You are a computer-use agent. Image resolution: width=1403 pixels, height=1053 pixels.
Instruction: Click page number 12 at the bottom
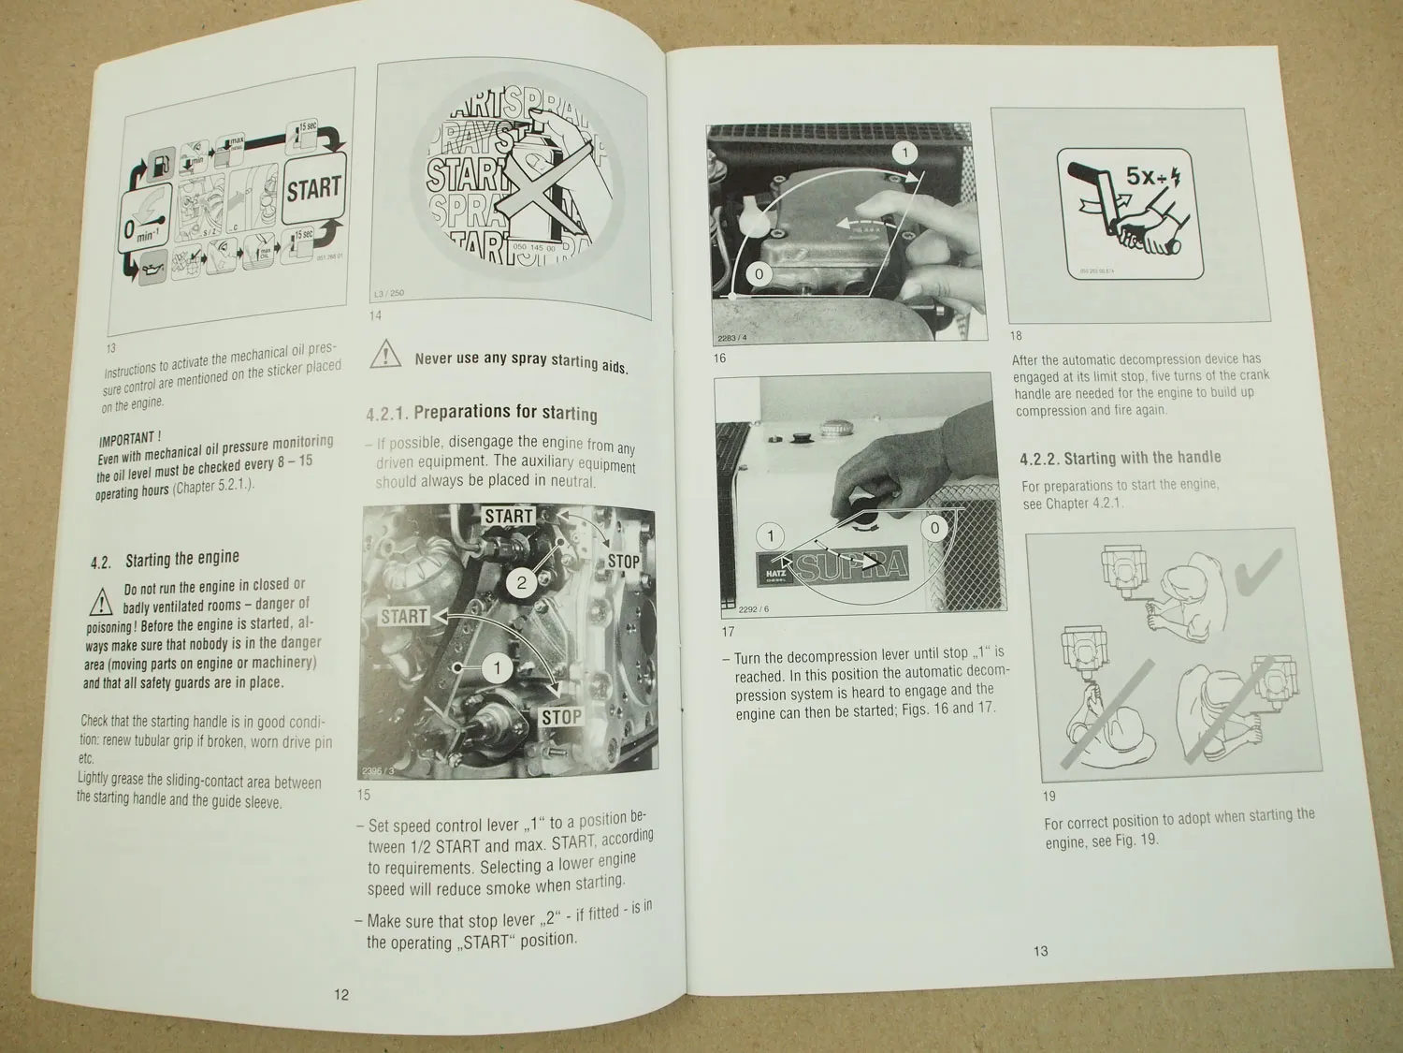click(x=341, y=994)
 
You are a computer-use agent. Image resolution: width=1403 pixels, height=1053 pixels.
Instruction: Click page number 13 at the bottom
click(x=1040, y=951)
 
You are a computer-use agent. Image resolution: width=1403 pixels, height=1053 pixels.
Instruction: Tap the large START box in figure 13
click(x=313, y=189)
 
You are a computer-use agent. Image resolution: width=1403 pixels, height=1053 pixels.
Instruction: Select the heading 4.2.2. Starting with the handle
click(x=1120, y=458)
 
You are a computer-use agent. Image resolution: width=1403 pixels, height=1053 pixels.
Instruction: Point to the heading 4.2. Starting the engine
click(x=166, y=560)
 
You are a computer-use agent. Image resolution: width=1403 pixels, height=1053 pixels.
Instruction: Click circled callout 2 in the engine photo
click(x=522, y=583)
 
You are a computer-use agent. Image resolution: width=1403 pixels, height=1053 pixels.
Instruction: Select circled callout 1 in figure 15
click(x=498, y=667)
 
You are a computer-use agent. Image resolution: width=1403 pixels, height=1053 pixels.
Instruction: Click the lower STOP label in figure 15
click(x=561, y=718)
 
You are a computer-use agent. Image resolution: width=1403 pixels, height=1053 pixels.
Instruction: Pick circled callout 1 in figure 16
click(x=904, y=153)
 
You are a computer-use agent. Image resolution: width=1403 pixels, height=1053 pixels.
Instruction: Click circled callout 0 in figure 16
click(x=759, y=274)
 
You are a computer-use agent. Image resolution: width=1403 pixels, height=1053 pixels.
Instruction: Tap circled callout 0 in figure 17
click(x=934, y=528)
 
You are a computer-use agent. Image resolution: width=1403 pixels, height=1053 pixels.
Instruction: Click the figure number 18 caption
click(x=1016, y=336)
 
